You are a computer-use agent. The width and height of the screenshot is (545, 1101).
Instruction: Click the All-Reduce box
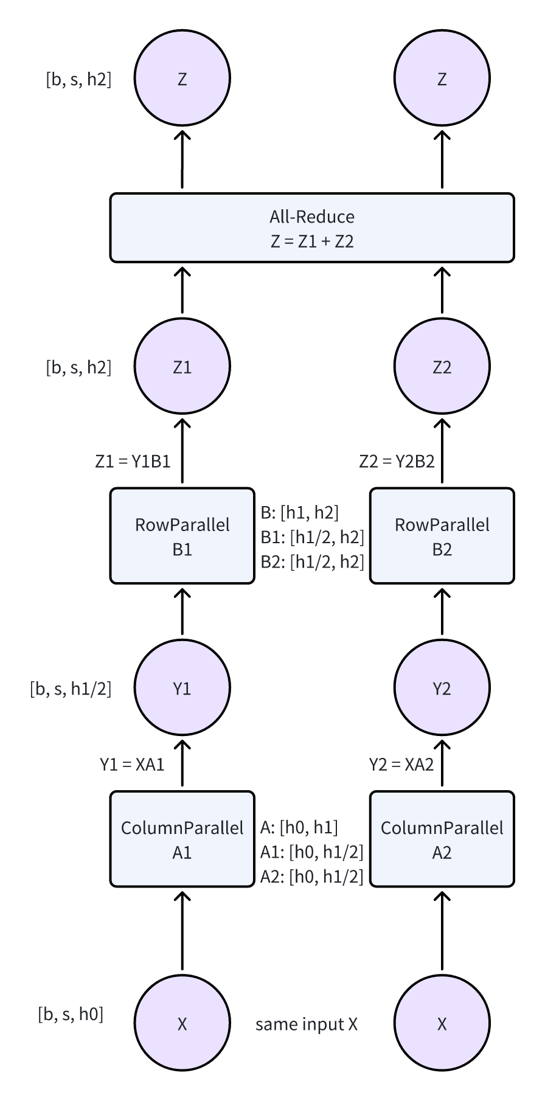[312, 228]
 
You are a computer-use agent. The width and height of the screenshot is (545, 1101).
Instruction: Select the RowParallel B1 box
[182, 536]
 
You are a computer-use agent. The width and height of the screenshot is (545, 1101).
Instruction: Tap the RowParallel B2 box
[442, 536]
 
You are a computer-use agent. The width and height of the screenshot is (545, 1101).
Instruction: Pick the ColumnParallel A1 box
[182, 839]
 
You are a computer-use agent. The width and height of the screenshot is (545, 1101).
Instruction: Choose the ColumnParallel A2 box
[442, 839]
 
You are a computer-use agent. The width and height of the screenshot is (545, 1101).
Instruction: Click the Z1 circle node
[182, 367]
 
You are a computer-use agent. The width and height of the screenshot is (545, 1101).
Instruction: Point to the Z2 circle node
[442, 367]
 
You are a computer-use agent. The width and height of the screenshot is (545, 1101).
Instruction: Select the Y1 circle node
[182, 688]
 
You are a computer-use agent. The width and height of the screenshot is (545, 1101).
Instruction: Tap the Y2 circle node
[442, 688]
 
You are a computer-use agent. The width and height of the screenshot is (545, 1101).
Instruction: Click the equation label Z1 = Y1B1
[133, 462]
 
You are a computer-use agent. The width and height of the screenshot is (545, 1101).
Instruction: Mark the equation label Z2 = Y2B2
[397, 462]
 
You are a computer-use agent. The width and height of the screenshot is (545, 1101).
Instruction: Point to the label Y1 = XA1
[132, 765]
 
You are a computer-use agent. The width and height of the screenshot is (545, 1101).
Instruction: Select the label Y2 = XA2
[401, 765]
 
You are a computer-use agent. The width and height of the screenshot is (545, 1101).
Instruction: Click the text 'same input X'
[307, 1024]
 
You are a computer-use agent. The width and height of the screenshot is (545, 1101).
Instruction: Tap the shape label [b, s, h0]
[71, 1014]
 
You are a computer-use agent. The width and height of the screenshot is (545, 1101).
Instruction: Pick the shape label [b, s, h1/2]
[71, 689]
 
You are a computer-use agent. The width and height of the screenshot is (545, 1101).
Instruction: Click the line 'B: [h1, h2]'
[299, 513]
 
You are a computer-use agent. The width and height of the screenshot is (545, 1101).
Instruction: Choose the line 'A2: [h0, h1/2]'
[311, 877]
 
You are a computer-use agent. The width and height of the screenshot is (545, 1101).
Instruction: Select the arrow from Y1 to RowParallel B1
[182, 612]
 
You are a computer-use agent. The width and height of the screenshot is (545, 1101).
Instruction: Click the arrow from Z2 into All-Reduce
[442, 290]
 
